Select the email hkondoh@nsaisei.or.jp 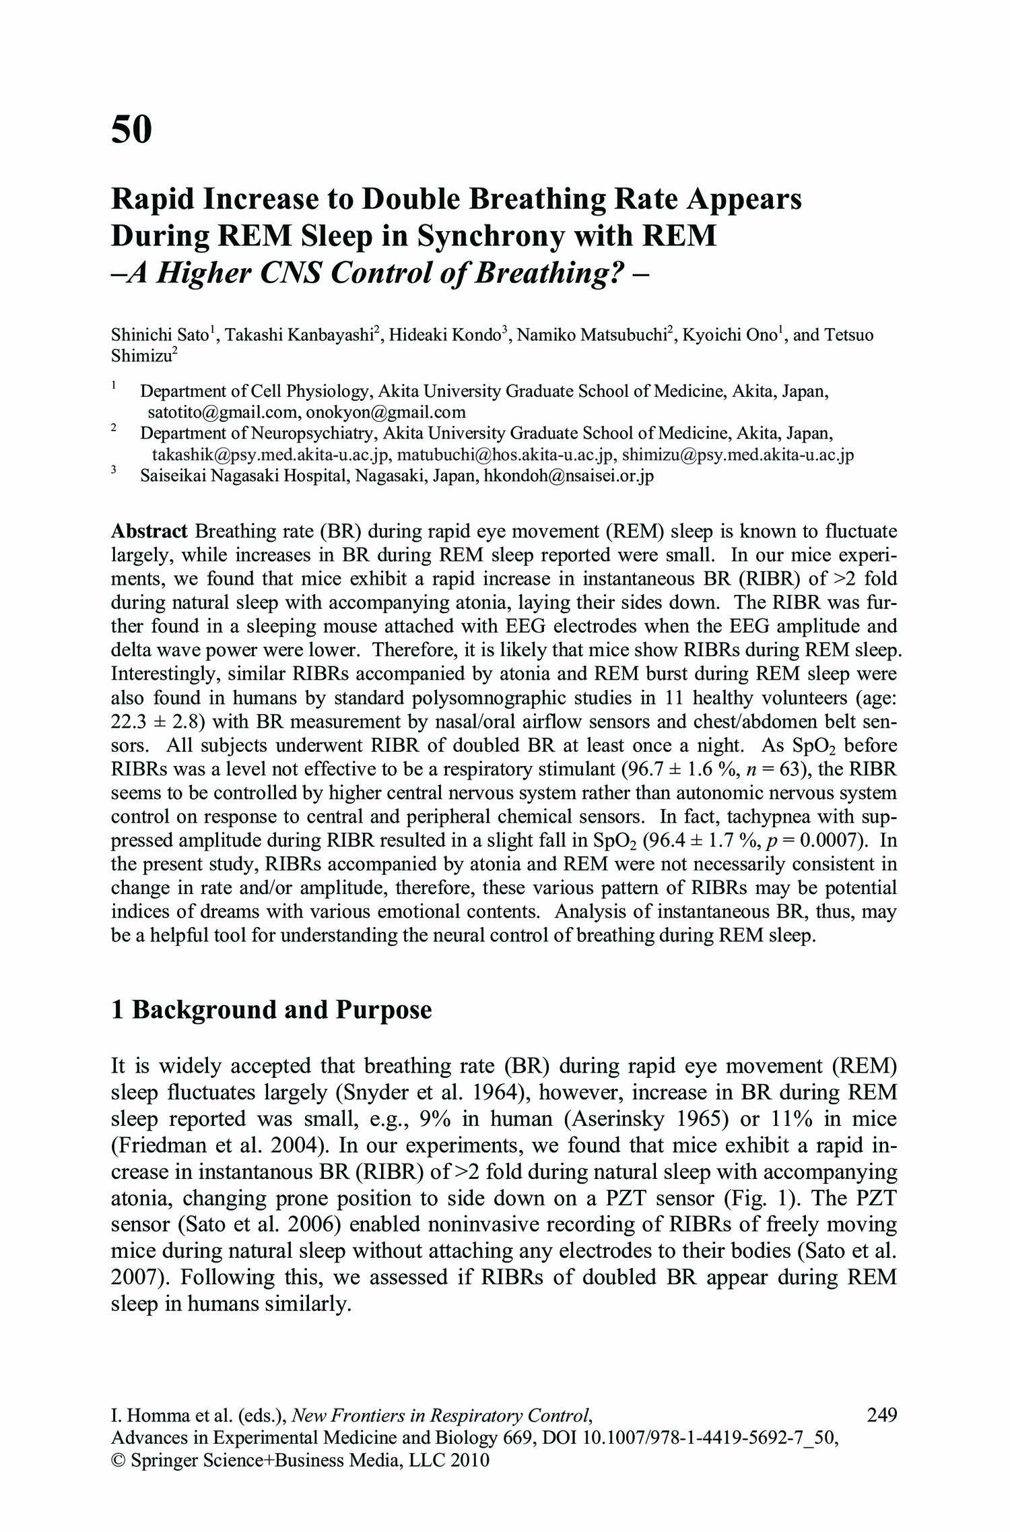(569, 476)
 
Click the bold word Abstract (149, 531)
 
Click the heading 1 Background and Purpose (271, 1009)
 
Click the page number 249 (882, 1414)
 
